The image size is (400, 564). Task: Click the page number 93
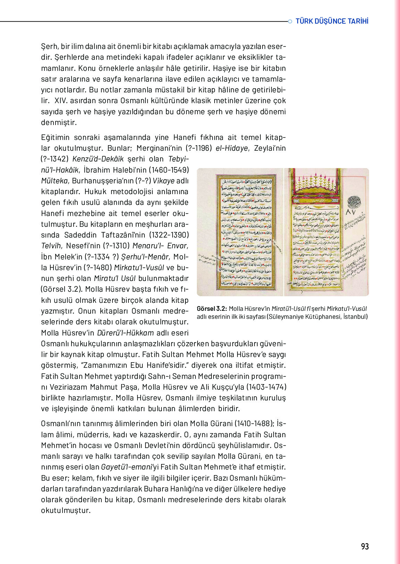coord(365,546)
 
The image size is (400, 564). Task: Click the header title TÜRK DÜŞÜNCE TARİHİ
coord(332,21)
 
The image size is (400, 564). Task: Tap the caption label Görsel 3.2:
coord(212,309)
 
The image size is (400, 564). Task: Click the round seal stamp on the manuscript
coord(354,201)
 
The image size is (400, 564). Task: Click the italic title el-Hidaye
coord(232,148)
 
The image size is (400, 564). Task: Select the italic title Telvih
coord(51,246)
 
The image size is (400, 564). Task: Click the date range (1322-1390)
coord(168,235)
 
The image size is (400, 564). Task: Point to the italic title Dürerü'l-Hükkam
coord(125,333)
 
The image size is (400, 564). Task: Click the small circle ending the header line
coord(290,22)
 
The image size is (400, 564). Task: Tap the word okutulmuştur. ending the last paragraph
coord(66,511)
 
